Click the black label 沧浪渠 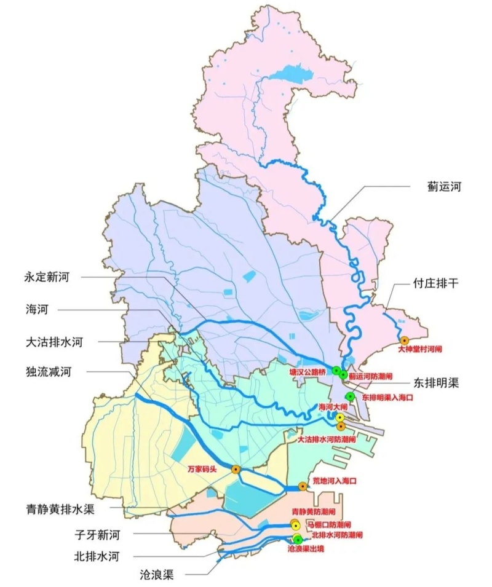[156, 575]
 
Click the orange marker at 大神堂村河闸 [405, 340]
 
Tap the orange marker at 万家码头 [236, 469]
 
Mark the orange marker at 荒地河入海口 [303, 486]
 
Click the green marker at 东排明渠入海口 [350, 396]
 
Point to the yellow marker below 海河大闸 [339, 417]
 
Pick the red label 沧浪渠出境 [306, 548]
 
